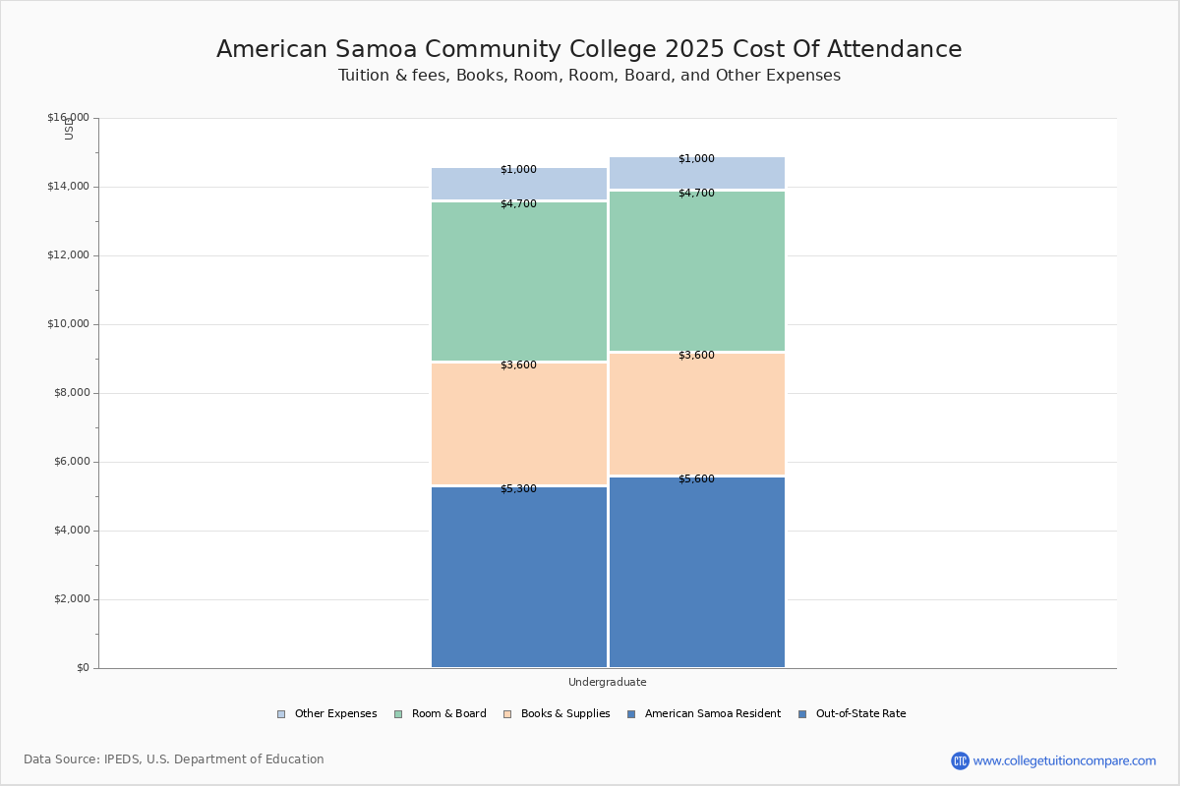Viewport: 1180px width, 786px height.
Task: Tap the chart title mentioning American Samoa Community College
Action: click(589, 50)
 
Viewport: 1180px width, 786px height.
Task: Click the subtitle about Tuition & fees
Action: click(589, 76)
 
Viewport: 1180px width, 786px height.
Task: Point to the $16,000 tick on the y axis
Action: click(68, 118)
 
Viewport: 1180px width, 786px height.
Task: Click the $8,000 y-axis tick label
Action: click(71, 393)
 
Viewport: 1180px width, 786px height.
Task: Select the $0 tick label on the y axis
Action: click(82, 668)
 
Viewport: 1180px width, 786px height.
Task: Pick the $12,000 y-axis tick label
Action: click(68, 255)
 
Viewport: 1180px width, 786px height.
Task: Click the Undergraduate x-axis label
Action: click(607, 682)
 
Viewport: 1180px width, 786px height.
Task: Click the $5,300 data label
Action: click(518, 489)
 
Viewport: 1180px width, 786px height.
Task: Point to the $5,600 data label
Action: click(696, 479)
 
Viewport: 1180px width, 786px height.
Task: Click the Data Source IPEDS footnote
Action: click(174, 759)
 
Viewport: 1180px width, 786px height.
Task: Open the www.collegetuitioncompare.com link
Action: click(1064, 760)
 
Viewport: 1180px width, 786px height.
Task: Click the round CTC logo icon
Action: click(960, 760)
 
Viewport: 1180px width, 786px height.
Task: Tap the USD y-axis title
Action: click(69, 129)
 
